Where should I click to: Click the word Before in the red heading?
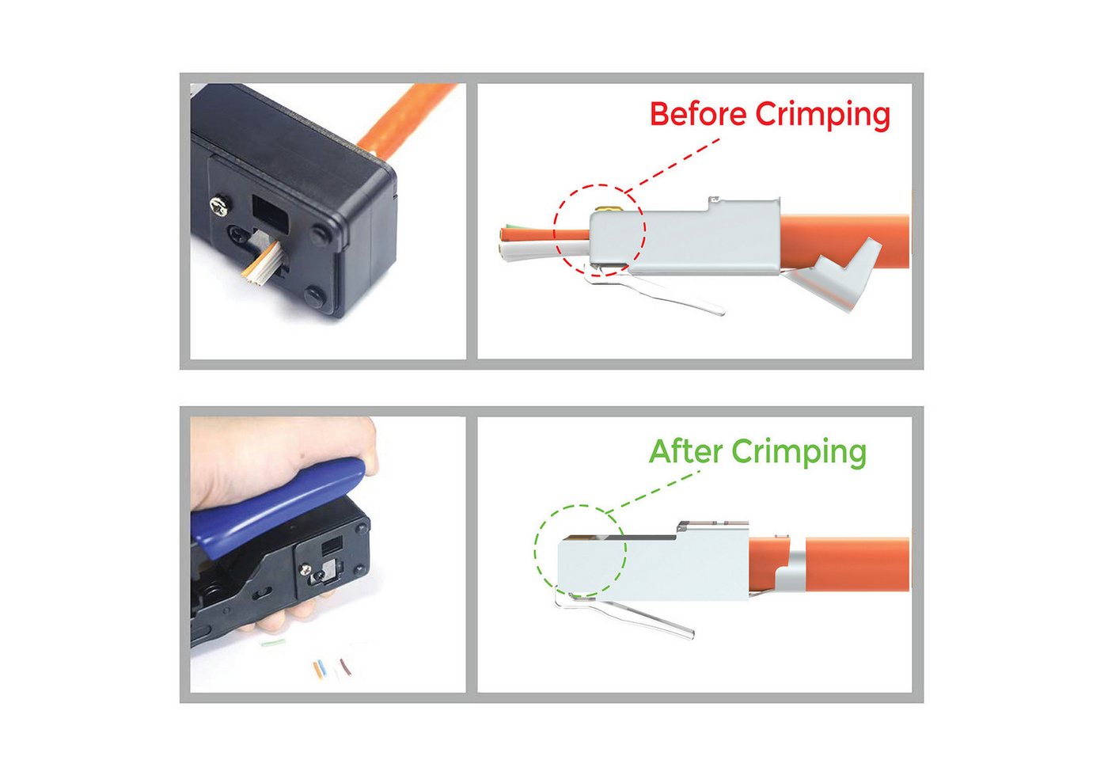click(x=698, y=114)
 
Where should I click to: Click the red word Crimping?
click(x=822, y=116)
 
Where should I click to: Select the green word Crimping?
click(x=799, y=453)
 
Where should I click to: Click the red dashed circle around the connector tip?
click(x=554, y=230)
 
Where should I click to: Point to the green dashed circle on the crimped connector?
click(x=535, y=551)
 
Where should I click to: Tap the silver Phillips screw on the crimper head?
click(x=218, y=207)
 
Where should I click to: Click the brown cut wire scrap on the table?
click(x=346, y=667)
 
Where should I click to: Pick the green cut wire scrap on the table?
click(x=273, y=643)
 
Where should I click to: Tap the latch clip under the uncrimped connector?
click(x=653, y=289)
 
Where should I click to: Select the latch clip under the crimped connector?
click(x=624, y=613)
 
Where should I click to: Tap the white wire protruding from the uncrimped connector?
click(x=545, y=250)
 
